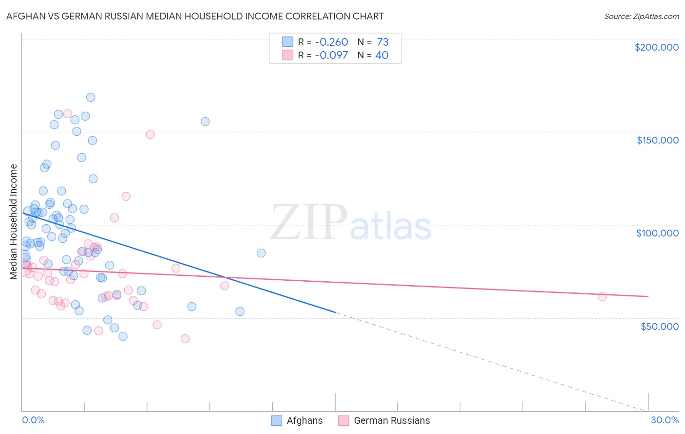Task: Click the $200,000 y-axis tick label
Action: (x=656, y=47)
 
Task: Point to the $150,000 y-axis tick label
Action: (x=657, y=140)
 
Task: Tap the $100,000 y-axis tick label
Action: (x=657, y=233)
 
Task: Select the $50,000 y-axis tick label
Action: (x=659, y=326)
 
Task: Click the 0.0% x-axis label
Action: (x=33, y=420)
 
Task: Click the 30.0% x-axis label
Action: (x=665, y=420)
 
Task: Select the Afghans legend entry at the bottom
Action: (x=304, y=420)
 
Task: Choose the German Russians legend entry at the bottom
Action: (x=391, y=420)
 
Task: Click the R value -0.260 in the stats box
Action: (x=331, y=42)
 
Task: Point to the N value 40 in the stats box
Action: (x=382, y=55)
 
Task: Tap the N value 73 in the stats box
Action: (x=382, y=42)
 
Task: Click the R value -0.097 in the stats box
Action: (x=331, y=55)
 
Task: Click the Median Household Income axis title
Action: (x=14, y=222)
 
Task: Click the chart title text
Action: (x=195, y=16)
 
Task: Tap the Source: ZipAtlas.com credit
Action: (x=641, y=16)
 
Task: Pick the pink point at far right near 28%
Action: (x=602, y=297)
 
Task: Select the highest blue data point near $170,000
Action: (x=91, y=97)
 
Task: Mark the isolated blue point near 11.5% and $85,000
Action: (x=261, y=253)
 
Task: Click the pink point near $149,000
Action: (x=151, y=134)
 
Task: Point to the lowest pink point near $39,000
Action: (x=185, y=339)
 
